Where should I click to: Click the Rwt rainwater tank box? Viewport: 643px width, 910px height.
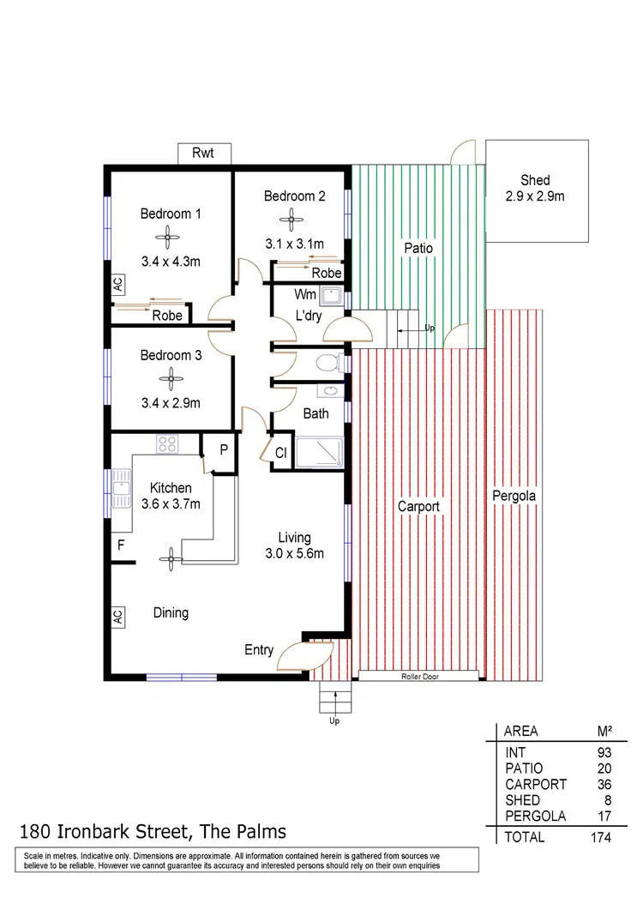click(202, 154)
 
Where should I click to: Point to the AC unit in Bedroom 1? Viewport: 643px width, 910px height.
click(117, 285)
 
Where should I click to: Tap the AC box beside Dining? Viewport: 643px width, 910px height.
click(117, 617)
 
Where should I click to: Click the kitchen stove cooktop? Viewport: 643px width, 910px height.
click(166, 444)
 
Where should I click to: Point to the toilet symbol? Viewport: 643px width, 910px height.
click(327, 364)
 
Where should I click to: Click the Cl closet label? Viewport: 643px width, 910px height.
click(279, 453)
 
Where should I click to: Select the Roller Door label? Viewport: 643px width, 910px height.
click(418, 677)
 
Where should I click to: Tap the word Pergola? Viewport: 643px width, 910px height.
click(513, 497)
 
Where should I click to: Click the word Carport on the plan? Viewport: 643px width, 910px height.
click(418, 507)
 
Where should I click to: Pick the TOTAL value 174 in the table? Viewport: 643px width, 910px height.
click(600, 836)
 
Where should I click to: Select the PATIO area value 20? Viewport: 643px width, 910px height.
click(604, 768)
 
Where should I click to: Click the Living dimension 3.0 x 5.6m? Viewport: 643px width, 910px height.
click(294, 553)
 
